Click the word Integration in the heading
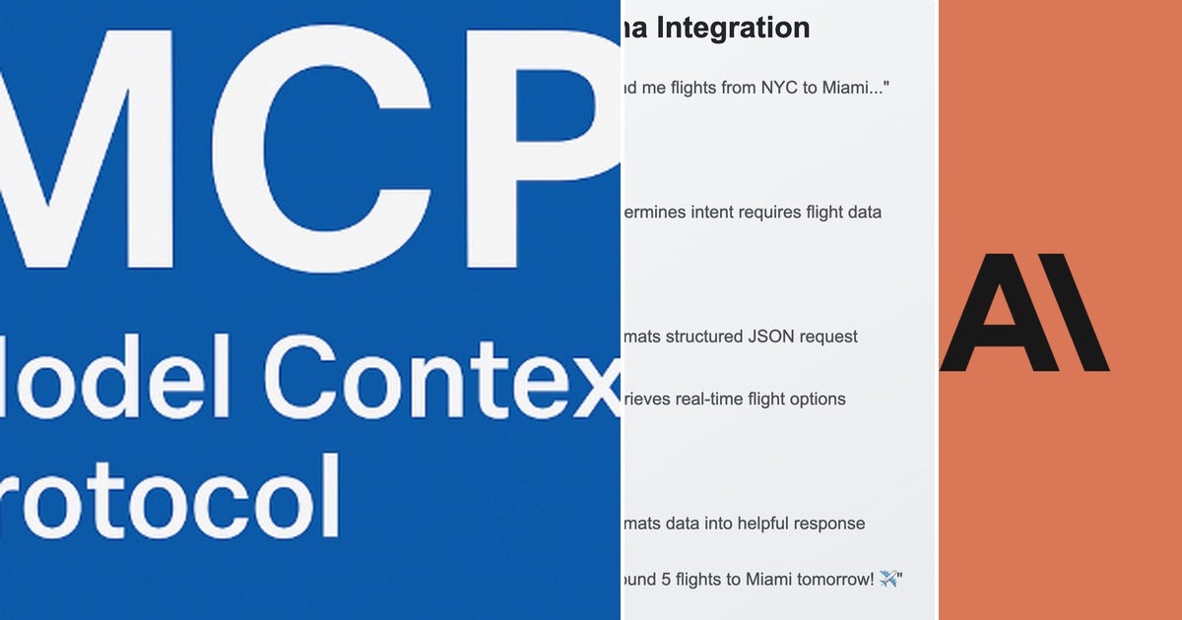click(733, 28)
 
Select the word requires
click(774, 212)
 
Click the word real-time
click(709, 399)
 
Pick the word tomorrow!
click(832, 579)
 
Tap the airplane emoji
click(889, 579)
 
